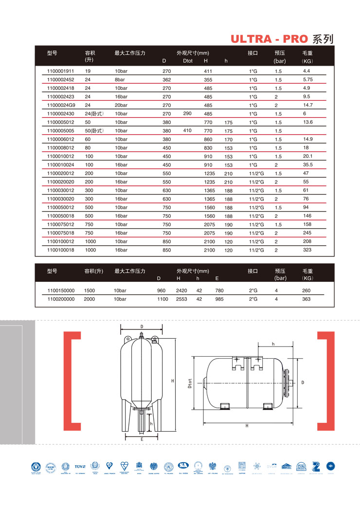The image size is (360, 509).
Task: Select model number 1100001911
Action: (61, 71)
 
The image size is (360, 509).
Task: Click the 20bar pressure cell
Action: (121, 105)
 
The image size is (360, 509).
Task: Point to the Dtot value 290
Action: (188, 113)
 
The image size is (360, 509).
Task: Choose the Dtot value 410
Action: (188, 130)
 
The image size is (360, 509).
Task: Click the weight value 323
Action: (307, 250)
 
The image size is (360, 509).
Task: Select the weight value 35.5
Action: (307, 164)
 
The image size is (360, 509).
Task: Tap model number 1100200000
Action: (61, 299)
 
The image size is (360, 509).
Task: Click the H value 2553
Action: (181, 299)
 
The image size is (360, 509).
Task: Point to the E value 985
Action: (219, 299)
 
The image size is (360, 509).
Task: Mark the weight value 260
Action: (306, 291)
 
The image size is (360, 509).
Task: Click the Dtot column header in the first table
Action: (188, 61)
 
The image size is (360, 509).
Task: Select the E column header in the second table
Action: (217, 278)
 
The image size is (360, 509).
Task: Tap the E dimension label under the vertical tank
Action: (142, 439)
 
